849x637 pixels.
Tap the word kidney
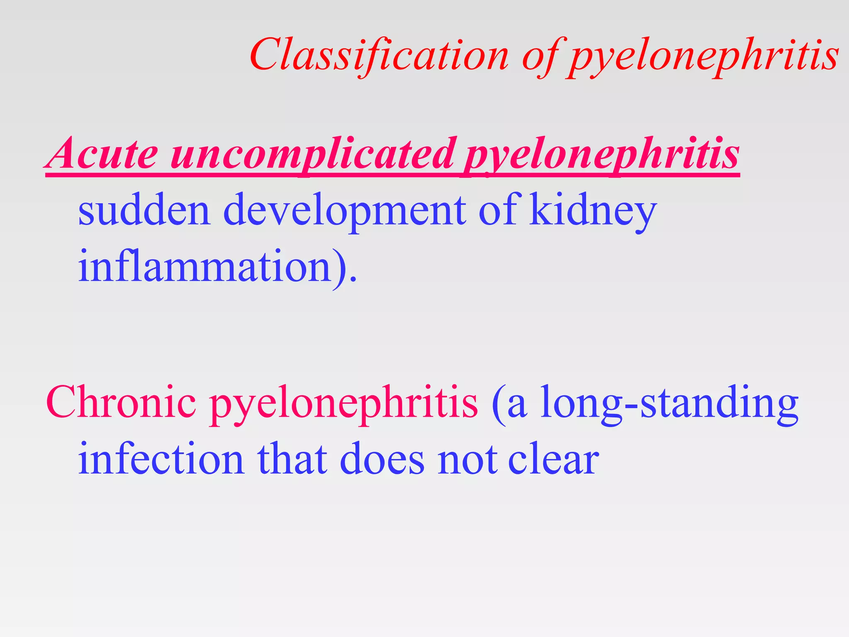coord(593,212)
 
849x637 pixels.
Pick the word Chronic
coord(121,402)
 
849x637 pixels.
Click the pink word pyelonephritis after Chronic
coord(344,404)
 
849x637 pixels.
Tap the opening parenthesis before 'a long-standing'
coord(498,404)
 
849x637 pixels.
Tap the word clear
coord(553,459)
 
